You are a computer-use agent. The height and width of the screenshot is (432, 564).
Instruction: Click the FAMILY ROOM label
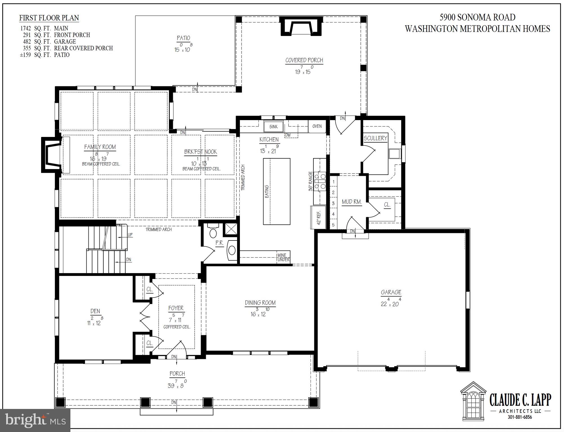click(100, 147)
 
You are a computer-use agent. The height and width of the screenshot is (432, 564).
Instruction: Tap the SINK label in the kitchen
click(273, 127)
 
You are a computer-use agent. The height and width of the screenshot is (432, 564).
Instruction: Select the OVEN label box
click(317, 126)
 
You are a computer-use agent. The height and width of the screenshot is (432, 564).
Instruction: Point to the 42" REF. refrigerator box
click(318, 217)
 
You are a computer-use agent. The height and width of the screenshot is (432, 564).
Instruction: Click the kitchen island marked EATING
click(277, 191)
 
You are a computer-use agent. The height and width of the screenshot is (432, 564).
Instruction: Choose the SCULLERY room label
click(375, 138)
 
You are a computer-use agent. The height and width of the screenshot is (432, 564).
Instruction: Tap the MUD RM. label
click(352, 202)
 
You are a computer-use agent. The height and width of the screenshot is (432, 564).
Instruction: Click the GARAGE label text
click(391, 292)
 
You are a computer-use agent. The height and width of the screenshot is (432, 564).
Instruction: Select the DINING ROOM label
click(260, 303)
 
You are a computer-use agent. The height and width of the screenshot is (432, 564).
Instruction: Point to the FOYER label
click(176, 308)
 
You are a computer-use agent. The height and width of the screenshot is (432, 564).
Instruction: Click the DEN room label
click(95, 311)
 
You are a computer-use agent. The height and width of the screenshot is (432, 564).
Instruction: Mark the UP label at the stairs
click(130, 235)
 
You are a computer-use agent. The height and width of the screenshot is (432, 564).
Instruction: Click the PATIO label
click(183, 38)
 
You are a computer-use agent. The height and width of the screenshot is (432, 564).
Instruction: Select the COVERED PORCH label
click(304, 60)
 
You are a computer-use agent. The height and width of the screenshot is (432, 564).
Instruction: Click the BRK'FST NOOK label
click(200, 152)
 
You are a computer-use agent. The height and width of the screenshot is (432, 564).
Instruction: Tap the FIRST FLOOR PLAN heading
click(49, 18)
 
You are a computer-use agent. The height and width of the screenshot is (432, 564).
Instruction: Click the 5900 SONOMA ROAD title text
click(478, 17)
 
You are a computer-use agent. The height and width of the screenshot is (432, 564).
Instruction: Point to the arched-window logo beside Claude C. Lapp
click(473, 401)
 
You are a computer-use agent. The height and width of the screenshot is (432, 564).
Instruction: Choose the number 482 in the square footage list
click(27, 42)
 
